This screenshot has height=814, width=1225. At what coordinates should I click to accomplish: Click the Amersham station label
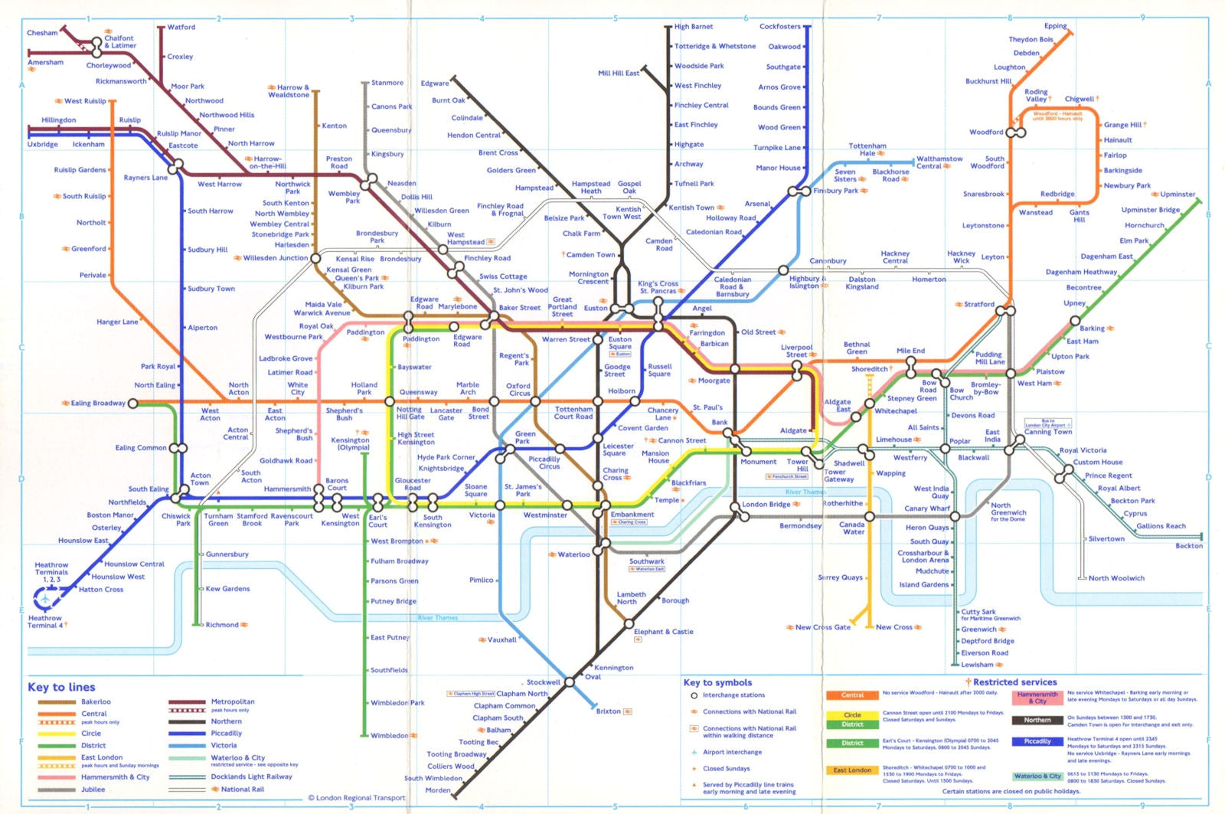click(45, 63)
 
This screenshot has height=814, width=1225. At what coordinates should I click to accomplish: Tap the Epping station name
click(1055, 27)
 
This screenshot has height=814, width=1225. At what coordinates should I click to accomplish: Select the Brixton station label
click(609, 711)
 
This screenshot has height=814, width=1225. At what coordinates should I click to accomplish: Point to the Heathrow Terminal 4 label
click(45, 622)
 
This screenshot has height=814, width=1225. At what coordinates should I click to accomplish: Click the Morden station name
click(438, 790)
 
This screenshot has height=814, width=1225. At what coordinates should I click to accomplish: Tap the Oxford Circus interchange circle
click(535, 401)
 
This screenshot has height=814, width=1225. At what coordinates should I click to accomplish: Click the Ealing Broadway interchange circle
click(133, 403)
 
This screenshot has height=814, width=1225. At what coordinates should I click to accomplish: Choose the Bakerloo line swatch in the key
click(57, 701)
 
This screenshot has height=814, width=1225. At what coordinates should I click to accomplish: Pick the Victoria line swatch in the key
click(188, 745)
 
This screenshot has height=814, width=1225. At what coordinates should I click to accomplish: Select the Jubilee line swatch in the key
click(57, 789)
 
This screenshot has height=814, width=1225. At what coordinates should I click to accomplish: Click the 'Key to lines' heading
click(61, 687)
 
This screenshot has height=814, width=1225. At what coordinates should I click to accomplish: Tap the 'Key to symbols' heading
click(717, 682)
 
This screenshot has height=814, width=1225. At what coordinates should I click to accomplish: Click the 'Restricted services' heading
click(1014, 682)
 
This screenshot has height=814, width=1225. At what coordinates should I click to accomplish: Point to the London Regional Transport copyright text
click(357, 798)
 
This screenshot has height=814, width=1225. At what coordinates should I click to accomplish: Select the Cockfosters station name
click(779, 27)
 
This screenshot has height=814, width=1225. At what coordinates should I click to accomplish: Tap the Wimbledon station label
click(390, 736)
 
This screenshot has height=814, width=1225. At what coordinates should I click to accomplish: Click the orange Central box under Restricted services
click(852, 695)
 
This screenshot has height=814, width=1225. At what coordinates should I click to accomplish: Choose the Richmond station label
click(222, 625)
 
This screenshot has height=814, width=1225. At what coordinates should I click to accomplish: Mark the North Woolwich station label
click(1116, 578)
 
